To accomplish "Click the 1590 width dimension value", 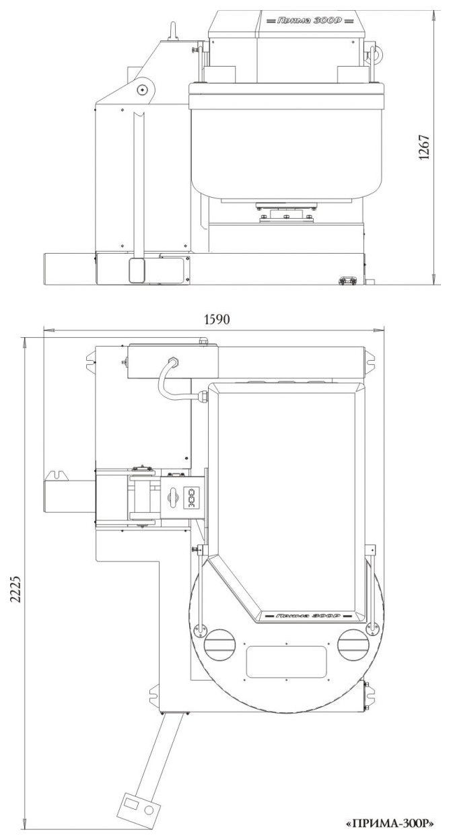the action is point(217,320).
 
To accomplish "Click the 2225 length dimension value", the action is point(15,588).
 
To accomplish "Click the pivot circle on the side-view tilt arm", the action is point(143,90).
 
